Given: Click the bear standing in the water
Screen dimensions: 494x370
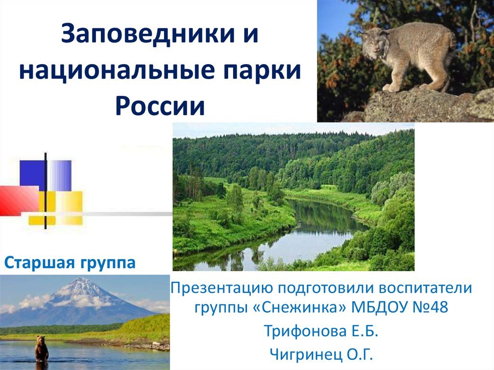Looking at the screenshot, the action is [41, 349].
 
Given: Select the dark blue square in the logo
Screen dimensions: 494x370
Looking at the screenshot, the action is [33, 175].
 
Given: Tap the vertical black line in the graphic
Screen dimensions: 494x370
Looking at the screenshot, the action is [46, 191].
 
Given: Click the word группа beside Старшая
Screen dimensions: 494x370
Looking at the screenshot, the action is [108, 263].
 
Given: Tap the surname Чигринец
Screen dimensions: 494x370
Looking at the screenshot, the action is [305, 354].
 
